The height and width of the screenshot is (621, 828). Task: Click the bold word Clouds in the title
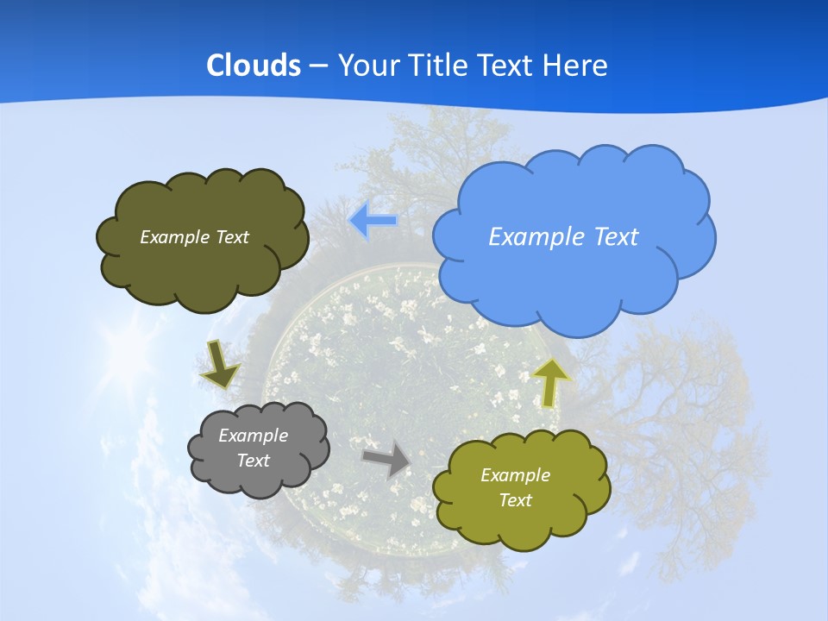coord(254,65)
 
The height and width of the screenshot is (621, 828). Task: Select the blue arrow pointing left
coord(373,221)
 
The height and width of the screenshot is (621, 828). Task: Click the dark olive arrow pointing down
coord(219,364)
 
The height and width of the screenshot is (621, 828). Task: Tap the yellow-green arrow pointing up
coord(552,382)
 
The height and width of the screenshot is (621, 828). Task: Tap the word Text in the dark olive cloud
coord(232,237)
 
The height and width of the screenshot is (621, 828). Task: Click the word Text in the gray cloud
coord(253,461)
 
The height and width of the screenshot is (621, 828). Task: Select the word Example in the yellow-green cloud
coord(515,475)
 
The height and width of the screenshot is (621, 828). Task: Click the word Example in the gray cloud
coord(253,436)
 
